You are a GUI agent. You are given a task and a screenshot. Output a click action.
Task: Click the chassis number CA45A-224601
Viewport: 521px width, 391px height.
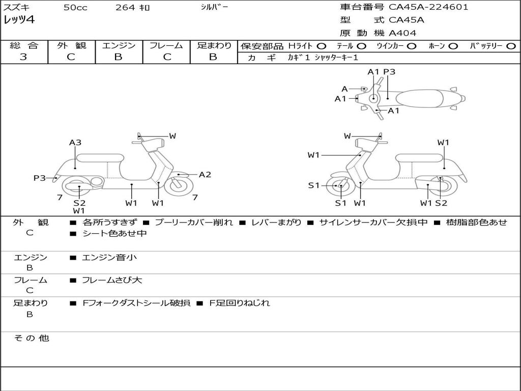coord(428,7)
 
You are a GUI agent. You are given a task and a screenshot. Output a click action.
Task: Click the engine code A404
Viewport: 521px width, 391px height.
coord(402,33)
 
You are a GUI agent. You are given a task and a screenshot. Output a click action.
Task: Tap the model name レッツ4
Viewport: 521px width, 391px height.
coord(19,20)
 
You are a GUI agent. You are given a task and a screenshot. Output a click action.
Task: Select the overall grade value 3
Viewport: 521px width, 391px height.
coord(23,57)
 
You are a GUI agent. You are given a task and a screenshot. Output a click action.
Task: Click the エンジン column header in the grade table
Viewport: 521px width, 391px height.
coord(119,45)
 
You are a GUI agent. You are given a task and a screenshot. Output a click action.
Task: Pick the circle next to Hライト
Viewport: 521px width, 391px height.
coord(322,46)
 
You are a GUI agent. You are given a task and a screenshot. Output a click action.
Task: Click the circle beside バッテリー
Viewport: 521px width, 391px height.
coord(511,46)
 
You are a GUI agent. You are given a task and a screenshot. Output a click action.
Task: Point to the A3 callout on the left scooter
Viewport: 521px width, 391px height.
coord(75,143)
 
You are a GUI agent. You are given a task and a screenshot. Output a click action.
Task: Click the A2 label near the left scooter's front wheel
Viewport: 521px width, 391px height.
coord(205,175)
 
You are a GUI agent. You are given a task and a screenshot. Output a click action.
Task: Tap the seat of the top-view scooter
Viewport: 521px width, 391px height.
coord(419,99)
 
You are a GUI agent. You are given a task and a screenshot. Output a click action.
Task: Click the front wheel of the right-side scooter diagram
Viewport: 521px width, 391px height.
coord(339,185)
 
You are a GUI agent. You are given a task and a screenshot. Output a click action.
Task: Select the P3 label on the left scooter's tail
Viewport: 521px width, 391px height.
coord(40,178)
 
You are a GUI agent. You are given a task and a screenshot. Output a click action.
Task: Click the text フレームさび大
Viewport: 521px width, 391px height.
coord(112,281)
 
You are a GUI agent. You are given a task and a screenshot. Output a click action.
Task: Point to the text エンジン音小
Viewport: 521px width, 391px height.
coord(109,257)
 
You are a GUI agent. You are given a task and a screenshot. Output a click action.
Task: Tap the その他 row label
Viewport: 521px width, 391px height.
coord(32,338)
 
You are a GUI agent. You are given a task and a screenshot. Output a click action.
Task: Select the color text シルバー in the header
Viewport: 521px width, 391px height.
coord(214,7)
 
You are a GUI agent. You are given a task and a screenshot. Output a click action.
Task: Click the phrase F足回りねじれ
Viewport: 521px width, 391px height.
coord(240,303)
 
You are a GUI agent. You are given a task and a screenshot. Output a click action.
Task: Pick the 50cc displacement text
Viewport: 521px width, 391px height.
coord(75,7)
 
